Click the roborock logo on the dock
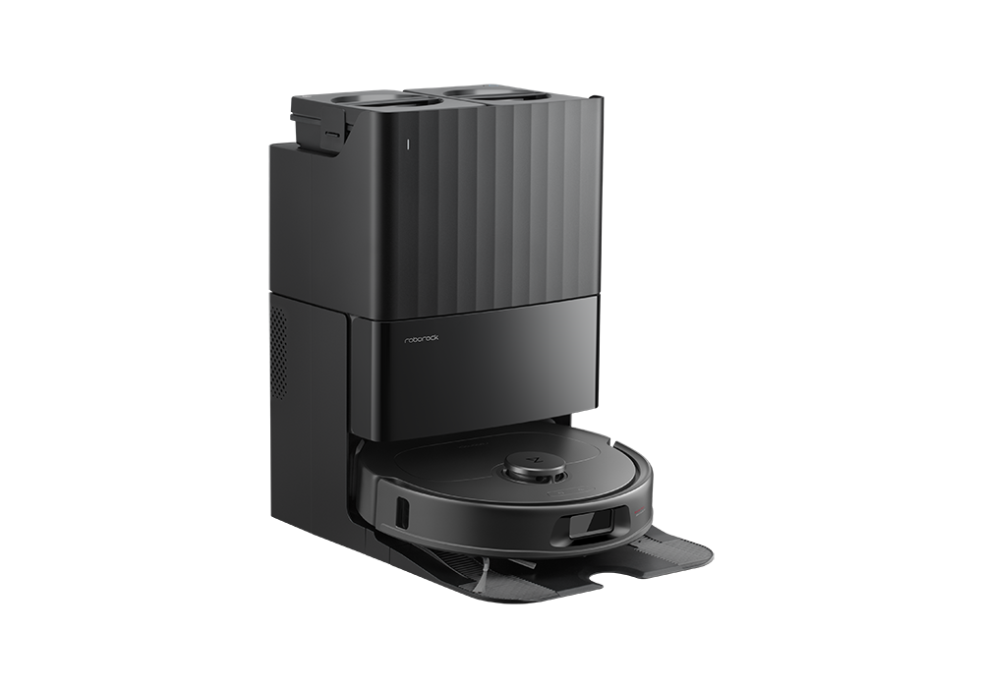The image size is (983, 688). [x=422, y=338]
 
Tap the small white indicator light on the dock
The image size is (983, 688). [x=407, y=143]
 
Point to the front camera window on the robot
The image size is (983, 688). [x=588, y=523]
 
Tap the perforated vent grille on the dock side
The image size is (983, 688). [x=278, y=351]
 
